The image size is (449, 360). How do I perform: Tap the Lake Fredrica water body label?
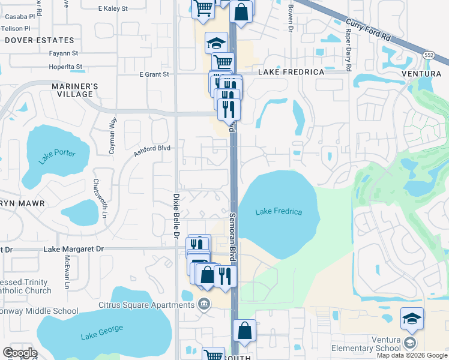pyautogui.click(x=279, y=212)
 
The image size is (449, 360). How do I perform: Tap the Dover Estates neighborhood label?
pyautogui.click(x=40, y=40)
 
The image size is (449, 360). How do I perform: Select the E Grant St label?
pyautogui.click(x=154, y=74)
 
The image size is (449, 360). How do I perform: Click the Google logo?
pyautogui.click(x=19, y=353)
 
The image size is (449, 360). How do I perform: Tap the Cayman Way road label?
pyautogui.click(x=112, y=136)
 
